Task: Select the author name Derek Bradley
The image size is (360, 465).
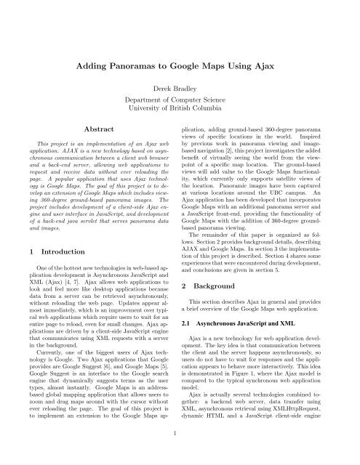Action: (x=180, y=86)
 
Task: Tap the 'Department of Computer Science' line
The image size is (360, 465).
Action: (x=180, y=99)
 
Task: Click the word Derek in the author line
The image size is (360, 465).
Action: (x=164, y=86)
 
